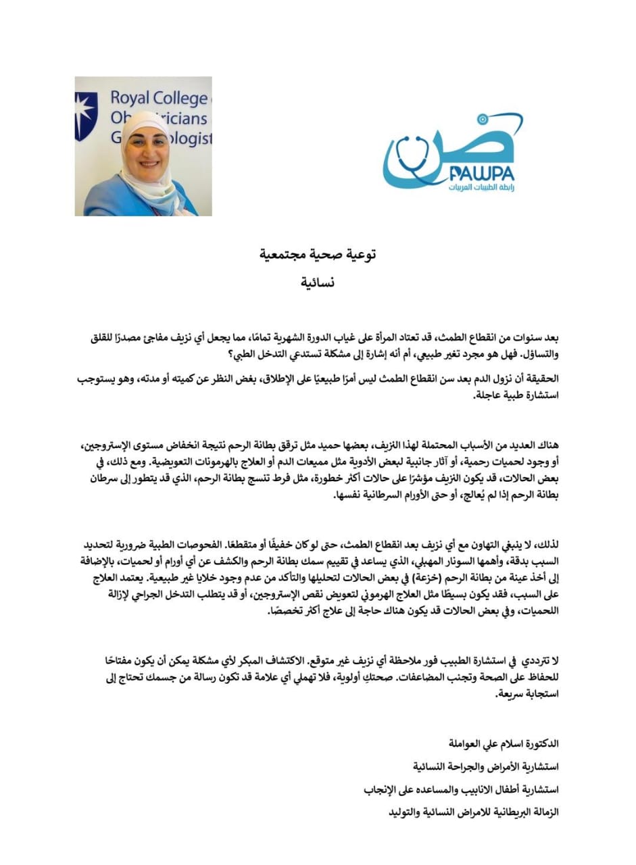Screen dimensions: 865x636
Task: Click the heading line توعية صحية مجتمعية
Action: click(318, 255)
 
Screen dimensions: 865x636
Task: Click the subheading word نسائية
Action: click(318, 282)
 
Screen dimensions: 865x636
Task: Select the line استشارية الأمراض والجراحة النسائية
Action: click(487, 766)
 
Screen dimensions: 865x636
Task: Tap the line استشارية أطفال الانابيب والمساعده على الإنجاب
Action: click(466, 789)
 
